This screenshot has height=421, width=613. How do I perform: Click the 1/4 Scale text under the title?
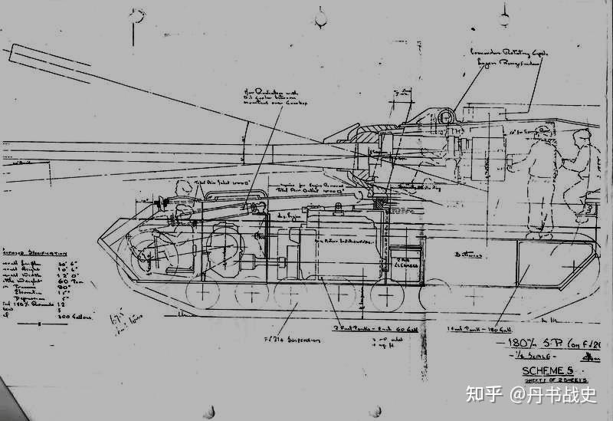tap(526, 355)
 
